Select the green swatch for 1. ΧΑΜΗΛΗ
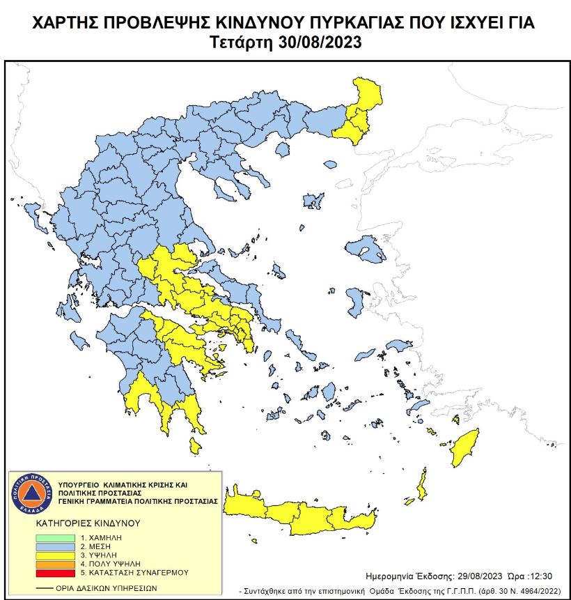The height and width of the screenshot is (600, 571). click(55, 537)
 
